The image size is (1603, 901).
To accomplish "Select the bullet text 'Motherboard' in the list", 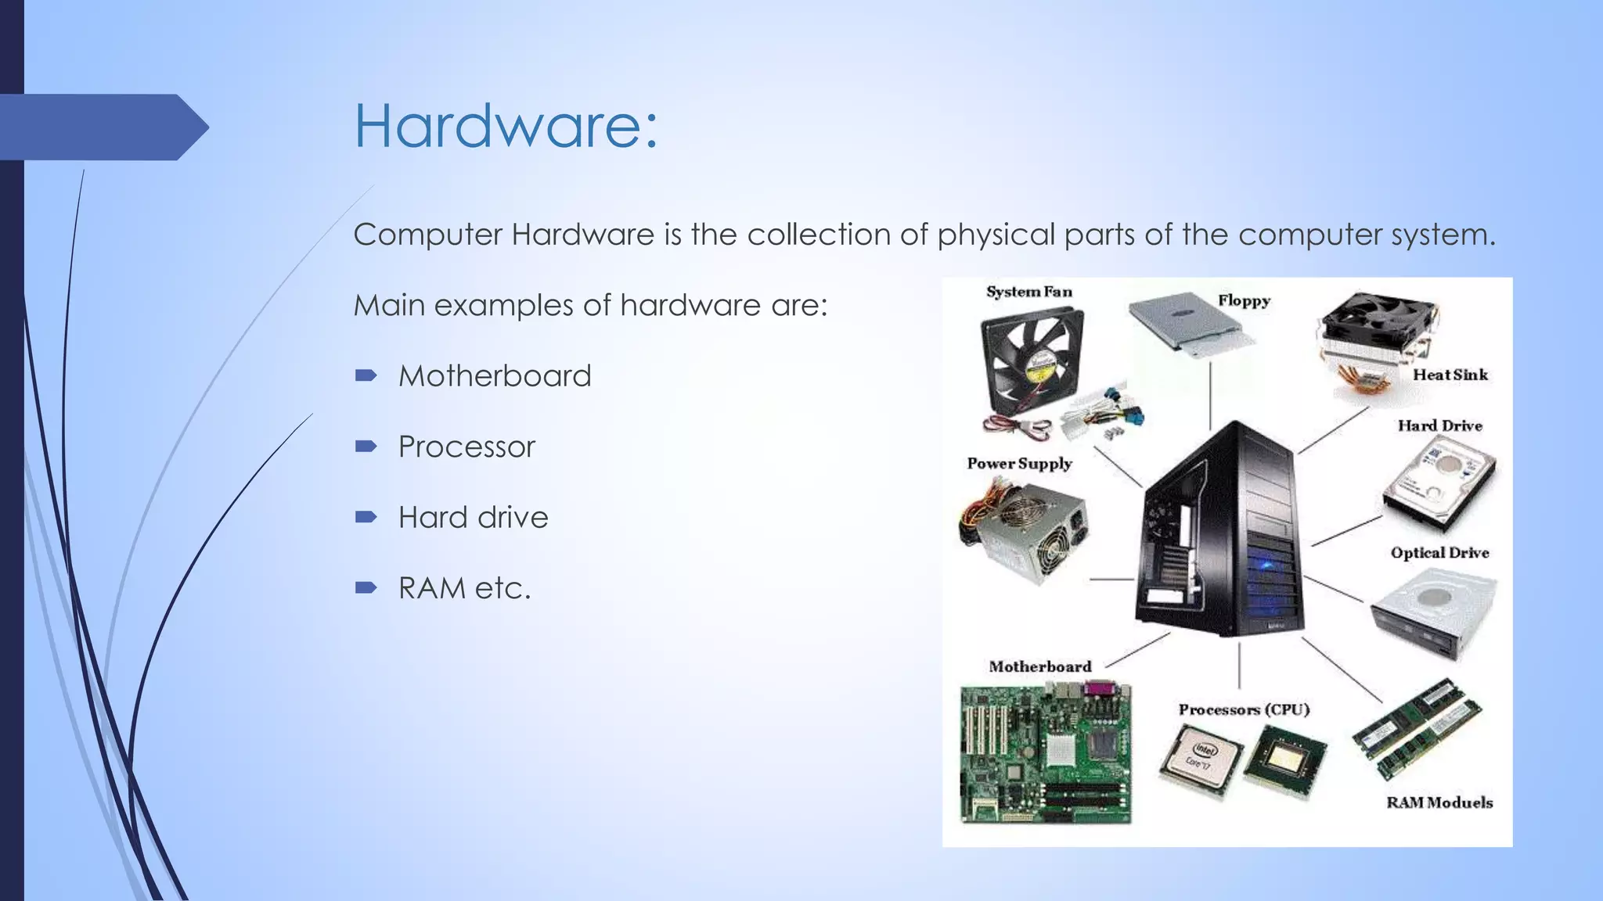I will pyautogui.click(x=495, y=376).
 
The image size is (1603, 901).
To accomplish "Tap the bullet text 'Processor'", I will pyautogui.click(x=466, y=447).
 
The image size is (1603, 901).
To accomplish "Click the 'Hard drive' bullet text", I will pyautogui.click(x=473, y=517).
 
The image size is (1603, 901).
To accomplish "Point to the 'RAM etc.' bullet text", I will pyautogui.click(x=464, y=588).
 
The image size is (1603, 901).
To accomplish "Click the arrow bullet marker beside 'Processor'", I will pyautogui.click(x=366, y=447).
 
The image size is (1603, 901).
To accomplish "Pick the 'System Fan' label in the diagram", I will pyautogui.click(x=1028, y=292).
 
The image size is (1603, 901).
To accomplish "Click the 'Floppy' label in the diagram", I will pyautogui.click(x=1244, y=301).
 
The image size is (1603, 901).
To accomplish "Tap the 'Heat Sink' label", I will pyautogui.click(x=1450, y=375).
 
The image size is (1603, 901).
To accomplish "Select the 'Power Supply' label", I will pyautogui.click(x=1019, y=463).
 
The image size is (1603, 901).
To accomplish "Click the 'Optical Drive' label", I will pyautogui.click(x=1439, y=553).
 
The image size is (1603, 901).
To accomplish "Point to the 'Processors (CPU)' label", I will pyautogui.click(x=1244, y=709).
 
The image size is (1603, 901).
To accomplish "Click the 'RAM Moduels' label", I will pyautogui.click(x=1439, y=802).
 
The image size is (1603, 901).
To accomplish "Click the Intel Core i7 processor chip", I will pyautogui.click(x=1200, y=759).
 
